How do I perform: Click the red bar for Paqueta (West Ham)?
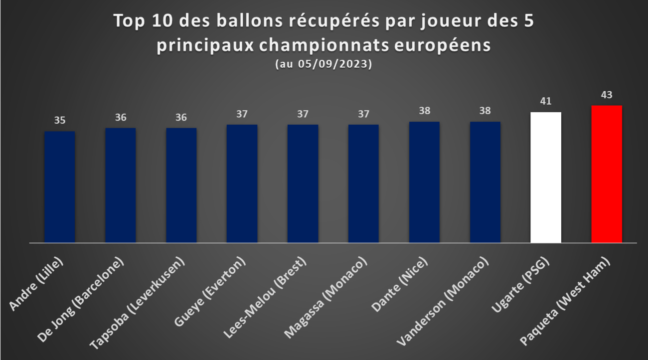[x=606, y=174]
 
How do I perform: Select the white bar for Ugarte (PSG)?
[x=546, y=178]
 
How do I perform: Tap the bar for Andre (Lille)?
[x=60, y=187]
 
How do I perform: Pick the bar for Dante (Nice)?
[x=424, y=182]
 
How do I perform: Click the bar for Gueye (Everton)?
[x=242, y=184]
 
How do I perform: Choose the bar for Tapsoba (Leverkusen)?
[x=181, y=185]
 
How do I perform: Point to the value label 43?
[x=607, y=95]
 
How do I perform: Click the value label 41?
[x=546, y=101]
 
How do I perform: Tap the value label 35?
[x=60, y=120]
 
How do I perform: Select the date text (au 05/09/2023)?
[x=324, y=64]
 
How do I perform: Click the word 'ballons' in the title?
[x=249, y=21]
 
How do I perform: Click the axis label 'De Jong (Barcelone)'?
[x=81, y=300]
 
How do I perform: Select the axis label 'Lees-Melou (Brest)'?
[x=265, y=298]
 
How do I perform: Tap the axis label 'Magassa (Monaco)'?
[x=325, y=298]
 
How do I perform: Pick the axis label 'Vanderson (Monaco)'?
[x=443, y=301]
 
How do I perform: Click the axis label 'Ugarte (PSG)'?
[x=520, y=285]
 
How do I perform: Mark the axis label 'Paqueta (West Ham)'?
[x=565, y=301]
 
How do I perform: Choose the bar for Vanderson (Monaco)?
[x=485, y=182]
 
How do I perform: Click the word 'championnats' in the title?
[x=324, y=46]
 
